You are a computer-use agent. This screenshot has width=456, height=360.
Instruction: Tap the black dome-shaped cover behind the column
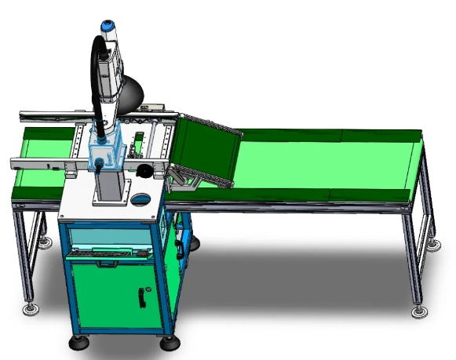click(x=136, y=91)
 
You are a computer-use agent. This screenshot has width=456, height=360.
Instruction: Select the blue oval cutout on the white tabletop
click(x=141, y=198)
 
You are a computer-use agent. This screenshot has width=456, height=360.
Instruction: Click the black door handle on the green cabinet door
click(x=142, y=297)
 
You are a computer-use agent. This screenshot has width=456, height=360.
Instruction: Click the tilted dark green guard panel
click(x=205, y=147)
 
